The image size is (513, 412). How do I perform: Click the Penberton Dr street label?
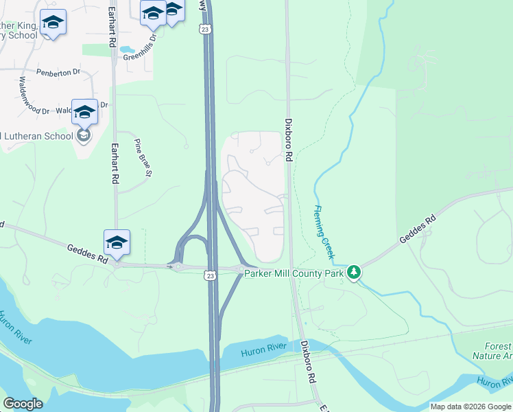tap(58, 71)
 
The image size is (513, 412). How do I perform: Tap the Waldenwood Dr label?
tap(34, 95)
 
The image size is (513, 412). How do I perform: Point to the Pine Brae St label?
tap(143, 156)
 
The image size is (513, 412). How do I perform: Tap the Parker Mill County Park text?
tap(294, 273)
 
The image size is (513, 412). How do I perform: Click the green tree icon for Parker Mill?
tap(354, 273)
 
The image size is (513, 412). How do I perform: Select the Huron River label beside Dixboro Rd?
tap(262, 352)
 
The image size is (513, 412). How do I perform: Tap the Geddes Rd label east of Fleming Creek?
tap(417, 231)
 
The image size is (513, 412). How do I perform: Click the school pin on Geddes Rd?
tap(117, 243)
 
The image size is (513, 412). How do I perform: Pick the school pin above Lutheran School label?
tap(84, 113)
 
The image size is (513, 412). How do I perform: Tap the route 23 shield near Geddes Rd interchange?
tap(210, 275)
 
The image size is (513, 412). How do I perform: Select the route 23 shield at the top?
tap(204, 29)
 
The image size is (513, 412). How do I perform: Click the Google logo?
tap(23, 404)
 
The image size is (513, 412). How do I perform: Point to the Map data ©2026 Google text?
tap(470, 407)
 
